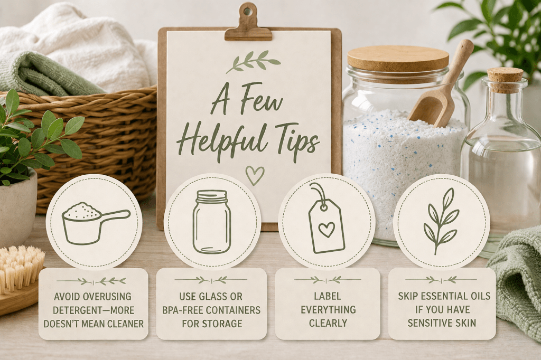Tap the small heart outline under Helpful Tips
(x=255, y=176)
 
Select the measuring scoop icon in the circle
(x=96, y=222)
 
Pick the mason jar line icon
(x=211, y=222)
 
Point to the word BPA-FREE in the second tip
(x=183, y=310)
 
